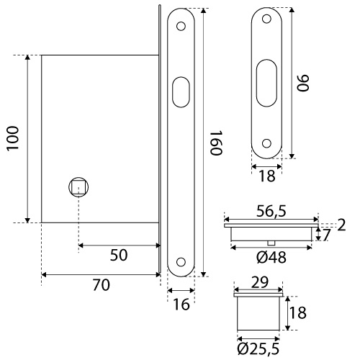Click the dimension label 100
click(12, 138)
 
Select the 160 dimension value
click(217, 143)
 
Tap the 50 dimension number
click(119, 255)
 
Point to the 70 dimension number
click(102, 285)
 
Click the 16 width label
click(181, 305)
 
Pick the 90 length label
click(303, 83)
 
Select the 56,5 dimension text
click(271, 212)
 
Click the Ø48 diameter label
click(271, 258)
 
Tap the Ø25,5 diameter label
click(258, 348)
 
